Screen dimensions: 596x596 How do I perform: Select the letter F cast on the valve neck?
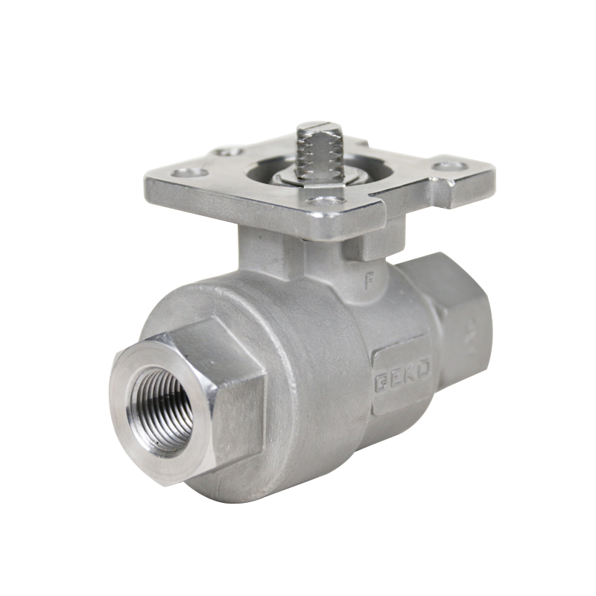pos(366,282)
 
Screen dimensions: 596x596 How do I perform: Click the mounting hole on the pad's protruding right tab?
pos(449,166)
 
